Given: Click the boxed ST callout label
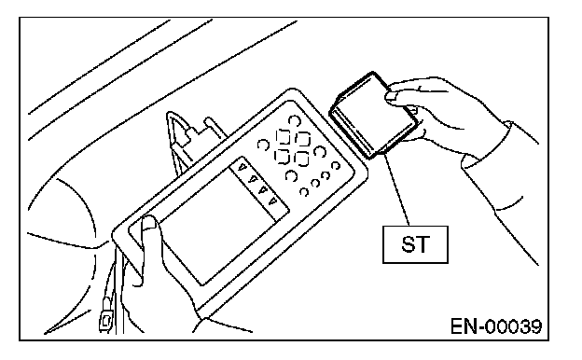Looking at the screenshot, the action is tap(415, 244).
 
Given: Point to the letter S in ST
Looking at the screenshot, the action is tap(408, 244).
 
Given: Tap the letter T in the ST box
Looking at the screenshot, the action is tap(423, 244).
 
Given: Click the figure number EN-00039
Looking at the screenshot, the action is tap(496, 327).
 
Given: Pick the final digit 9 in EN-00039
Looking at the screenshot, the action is tap(535, 327).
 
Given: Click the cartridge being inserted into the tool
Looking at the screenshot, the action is tap(375, 116).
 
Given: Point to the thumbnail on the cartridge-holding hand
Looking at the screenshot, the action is tap(392, 96).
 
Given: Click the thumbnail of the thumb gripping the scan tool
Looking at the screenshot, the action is tap(148, 222).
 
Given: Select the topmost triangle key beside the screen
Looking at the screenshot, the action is tap(242, 167).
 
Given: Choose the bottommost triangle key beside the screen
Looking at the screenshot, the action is tap(273, 201).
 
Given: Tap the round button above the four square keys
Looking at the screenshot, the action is tap(294, 120).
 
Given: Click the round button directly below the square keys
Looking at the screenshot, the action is tap(291, 175).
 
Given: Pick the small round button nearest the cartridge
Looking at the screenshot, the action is tap(336, 165).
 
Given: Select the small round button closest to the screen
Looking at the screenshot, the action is tap(304, 192).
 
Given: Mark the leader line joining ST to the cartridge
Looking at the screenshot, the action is tap(396, 188).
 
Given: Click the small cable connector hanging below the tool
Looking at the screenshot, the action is tap(105, 318).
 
